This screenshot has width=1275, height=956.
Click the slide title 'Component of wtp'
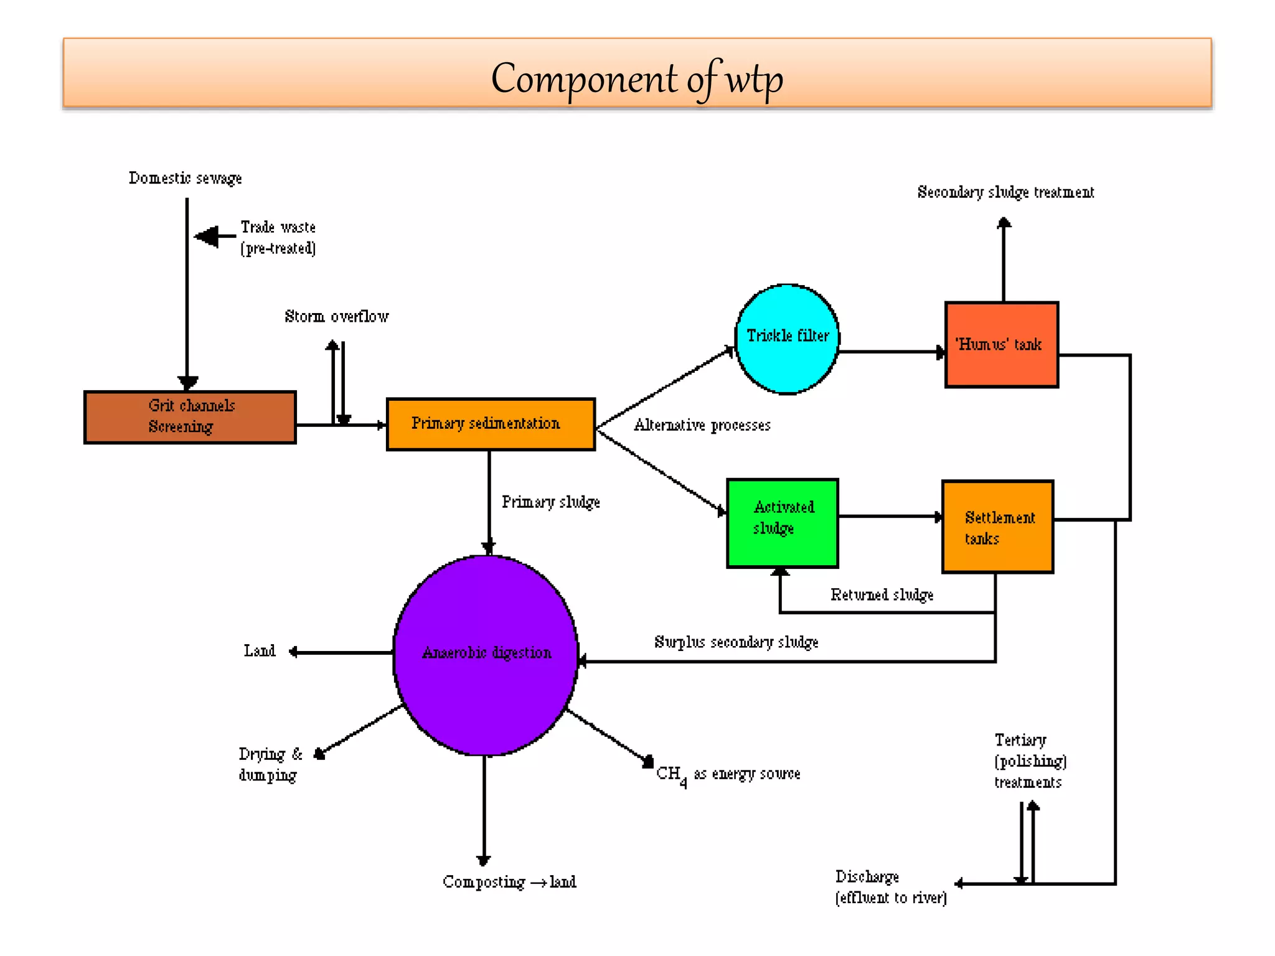coord(637,79)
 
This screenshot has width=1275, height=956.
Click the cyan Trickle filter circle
coord(787,339)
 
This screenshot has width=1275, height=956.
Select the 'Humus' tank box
coord(1001,345)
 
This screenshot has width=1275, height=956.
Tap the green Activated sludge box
coord(783,523)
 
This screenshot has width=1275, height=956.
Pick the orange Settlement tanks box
coord(998,527)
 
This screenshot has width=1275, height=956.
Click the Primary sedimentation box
coord(491,424)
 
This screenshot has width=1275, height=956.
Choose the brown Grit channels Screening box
coord(190,417)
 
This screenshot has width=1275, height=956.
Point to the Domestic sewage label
coord(185,178)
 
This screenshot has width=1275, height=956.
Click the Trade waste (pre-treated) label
coord(278,237)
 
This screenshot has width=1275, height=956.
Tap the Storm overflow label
coord(336,316)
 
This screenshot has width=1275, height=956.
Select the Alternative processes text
coord(702,425)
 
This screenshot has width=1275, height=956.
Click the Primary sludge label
coord(550,502)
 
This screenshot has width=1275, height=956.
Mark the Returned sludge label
coord(882,594)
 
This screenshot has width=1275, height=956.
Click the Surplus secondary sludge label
coord(736,642)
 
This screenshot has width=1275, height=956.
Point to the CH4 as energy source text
coord(728,774)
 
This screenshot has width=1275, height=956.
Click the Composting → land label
coord(509,881)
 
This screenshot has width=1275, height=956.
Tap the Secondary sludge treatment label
coord(1005,192)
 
